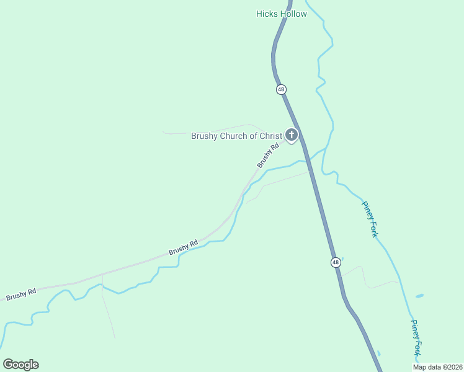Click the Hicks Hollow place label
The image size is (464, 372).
click(281, 14)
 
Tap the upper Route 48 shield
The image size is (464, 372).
click(281, 89)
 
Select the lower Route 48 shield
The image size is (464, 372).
click(335, 262)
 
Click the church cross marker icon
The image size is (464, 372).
click(291, 135)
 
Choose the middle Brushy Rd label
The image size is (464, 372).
click(183, 247)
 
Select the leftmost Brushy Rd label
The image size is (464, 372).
click(21, 294)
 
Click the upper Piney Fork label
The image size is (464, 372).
click(370, 218)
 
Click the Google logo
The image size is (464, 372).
click(20, 365)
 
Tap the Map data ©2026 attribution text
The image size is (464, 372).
click(437, 367)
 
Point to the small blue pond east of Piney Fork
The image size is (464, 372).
click(420, 296)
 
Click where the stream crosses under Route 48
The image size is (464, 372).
click(308, 161)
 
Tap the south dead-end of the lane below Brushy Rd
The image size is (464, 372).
click(115, 337)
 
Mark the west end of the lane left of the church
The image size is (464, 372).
click(163, 131)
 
